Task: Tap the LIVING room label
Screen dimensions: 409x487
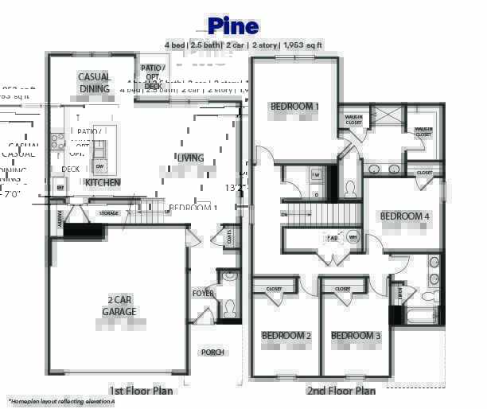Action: pos(190,158)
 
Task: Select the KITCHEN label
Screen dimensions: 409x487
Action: pos(103,183)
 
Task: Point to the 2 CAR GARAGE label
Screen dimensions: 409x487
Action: pos(119,306)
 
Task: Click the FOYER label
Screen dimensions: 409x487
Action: pos(203,294)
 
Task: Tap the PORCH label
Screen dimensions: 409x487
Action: pos(212,352)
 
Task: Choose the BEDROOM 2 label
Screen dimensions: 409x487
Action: pos(286,336)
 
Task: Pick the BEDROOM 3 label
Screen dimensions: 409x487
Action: pos(356,336)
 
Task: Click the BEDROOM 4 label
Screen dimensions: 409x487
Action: pos(404,216)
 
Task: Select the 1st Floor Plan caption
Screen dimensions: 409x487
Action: pos(141,391)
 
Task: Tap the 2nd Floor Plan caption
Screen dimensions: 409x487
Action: pos(341,391)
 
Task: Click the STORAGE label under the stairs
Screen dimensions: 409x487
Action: pos(108,213)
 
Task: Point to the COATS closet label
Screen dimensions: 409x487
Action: pos(231,236)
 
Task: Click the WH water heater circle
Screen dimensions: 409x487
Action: pos(353,237)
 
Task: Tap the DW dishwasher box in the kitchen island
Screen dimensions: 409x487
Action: pos(99,166)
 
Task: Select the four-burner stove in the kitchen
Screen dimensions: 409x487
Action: pos(57,142)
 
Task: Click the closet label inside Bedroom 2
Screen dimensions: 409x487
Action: pos(274,289)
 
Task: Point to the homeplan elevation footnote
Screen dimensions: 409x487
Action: pos(62,402)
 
